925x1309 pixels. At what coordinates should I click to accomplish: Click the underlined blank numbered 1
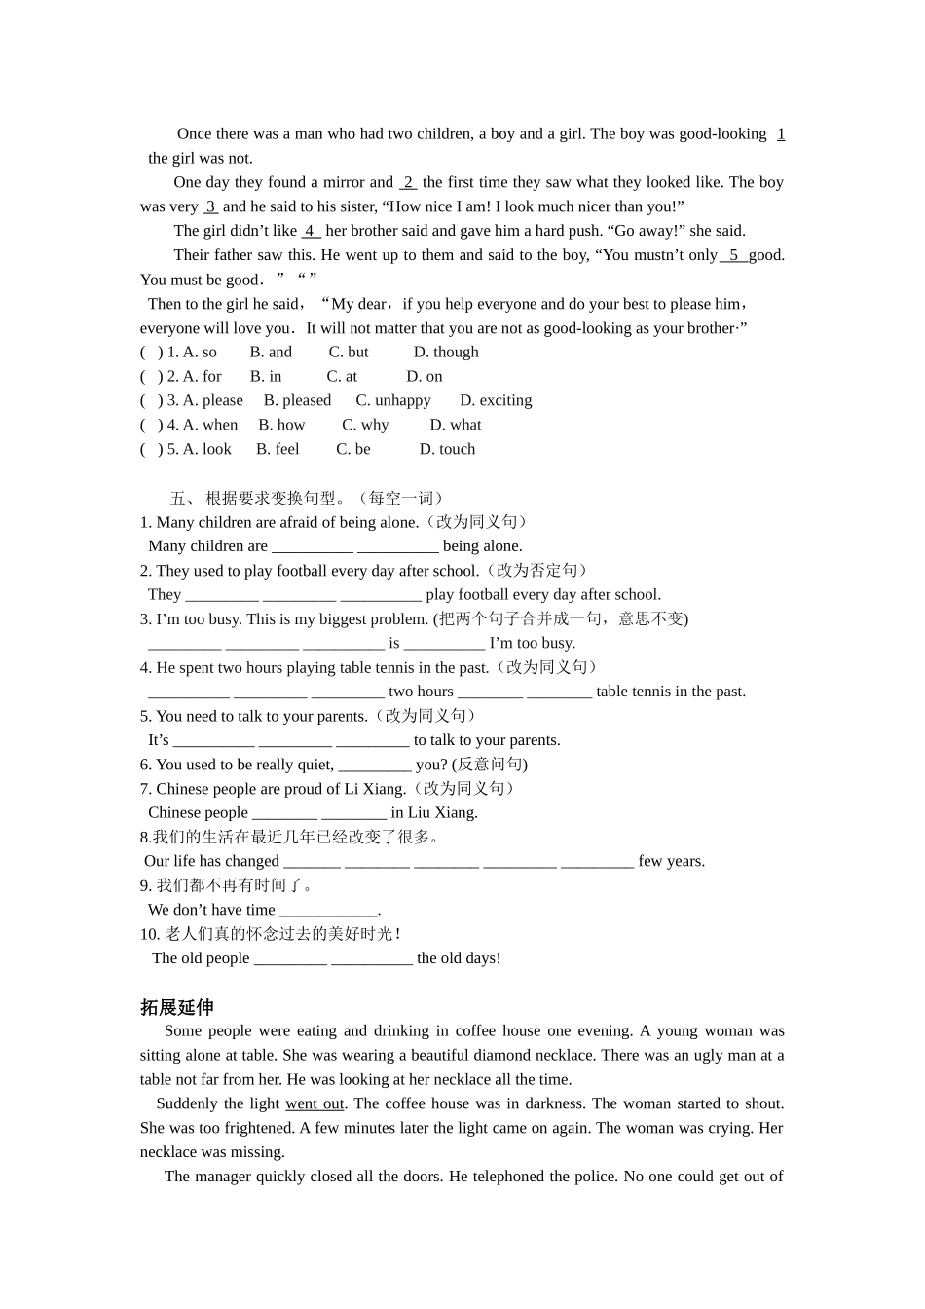point(781,134)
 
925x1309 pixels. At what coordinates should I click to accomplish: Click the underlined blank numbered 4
point(311,231)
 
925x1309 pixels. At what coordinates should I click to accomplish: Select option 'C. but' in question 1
point(349,353)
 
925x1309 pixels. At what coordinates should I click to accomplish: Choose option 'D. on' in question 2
point(425,377)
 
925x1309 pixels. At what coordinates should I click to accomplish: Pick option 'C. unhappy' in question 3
point(393,401)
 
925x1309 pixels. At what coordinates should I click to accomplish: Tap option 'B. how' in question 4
point(281,426)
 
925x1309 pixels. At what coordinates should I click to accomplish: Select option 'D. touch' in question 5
point(447,450)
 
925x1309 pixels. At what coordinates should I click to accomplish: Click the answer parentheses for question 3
point(152,401)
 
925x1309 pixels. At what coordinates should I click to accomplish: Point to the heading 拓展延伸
point(176,1008)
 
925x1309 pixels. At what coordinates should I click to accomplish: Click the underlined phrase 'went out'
point(314,1104)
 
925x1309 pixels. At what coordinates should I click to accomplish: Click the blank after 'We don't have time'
point(327,911)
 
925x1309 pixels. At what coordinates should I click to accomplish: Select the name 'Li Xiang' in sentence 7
point(375,789)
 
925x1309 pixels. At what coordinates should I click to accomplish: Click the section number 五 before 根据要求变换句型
point(177,499)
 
